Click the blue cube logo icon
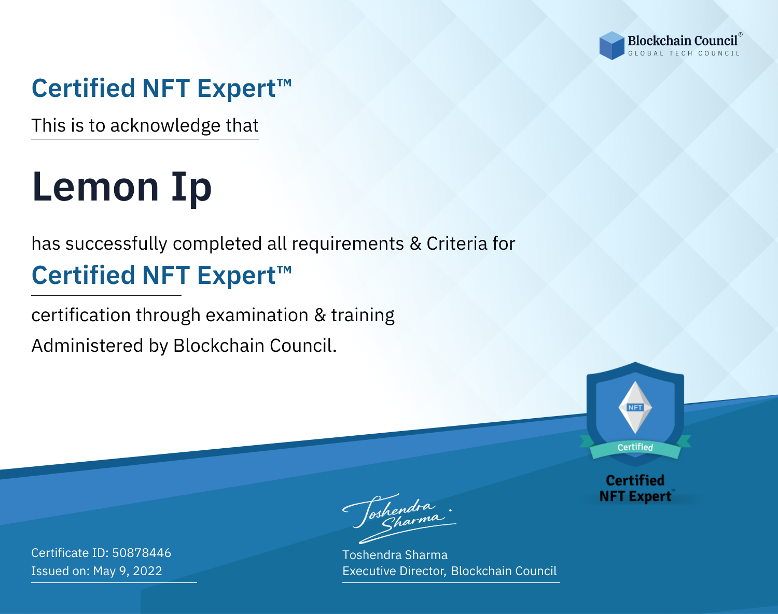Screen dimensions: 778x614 (612, 46)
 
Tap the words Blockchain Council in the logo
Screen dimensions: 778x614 (683, 41)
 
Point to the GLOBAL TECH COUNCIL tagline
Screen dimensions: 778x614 (684, 53)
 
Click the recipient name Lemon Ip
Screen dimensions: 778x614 (121, 187)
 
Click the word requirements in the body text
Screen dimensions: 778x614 (348, 244)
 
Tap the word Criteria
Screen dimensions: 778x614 (456, 244)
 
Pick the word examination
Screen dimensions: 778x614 (257, 315)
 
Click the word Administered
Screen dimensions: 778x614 (87, 345)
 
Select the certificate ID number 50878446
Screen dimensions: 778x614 (142, 552)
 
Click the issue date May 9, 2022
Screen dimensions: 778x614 (128, 570)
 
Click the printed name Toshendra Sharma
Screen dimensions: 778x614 (395, 555)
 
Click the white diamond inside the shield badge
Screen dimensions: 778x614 (635, 407)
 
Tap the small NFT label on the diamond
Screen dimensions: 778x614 (635, 407)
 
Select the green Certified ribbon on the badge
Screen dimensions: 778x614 (635, 448)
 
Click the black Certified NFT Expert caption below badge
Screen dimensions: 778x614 (635, 488)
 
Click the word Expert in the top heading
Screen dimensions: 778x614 (237, 89)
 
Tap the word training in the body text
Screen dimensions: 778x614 (363, 315)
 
